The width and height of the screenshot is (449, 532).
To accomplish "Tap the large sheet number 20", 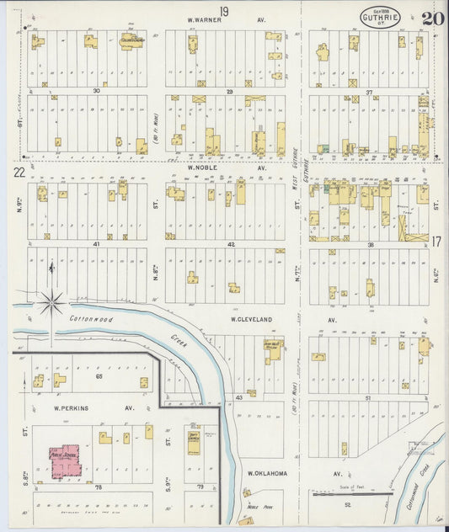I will pos(433,18).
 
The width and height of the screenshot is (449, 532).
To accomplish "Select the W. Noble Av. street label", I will pos(226,167).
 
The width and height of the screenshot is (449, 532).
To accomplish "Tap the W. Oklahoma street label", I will pos(268,473).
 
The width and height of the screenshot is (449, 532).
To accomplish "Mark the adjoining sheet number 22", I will pos(19,172).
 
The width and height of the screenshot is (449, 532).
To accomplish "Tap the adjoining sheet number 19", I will pos(224,10).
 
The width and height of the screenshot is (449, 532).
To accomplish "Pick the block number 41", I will pos(97,243).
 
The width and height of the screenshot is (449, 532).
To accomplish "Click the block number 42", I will pos(230,243).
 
